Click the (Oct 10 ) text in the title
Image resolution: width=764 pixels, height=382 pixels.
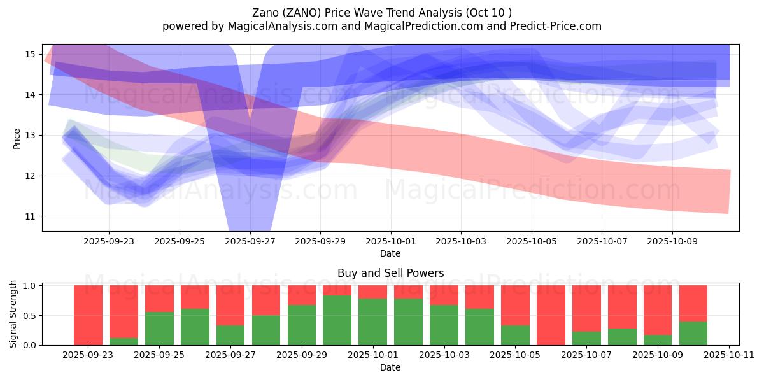point(489,12)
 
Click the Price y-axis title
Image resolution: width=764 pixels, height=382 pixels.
point(17,139)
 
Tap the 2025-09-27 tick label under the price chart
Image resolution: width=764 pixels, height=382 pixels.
point(250,242)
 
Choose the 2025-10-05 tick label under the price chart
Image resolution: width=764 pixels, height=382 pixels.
point(532,242)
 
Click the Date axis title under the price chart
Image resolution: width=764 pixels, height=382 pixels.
point(390,253)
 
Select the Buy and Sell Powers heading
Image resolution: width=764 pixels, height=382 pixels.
point(390,273)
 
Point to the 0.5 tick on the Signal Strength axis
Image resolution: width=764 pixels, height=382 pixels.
point(29,316)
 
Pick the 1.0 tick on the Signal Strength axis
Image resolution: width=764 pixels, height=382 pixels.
point(29,286)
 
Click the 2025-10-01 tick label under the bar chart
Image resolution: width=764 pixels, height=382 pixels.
point(372,355)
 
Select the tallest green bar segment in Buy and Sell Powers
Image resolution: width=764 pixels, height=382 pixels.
point(337,320)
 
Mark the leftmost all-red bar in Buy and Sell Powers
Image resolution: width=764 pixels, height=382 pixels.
point(88,315)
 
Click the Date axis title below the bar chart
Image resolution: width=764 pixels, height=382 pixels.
point(390,367)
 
